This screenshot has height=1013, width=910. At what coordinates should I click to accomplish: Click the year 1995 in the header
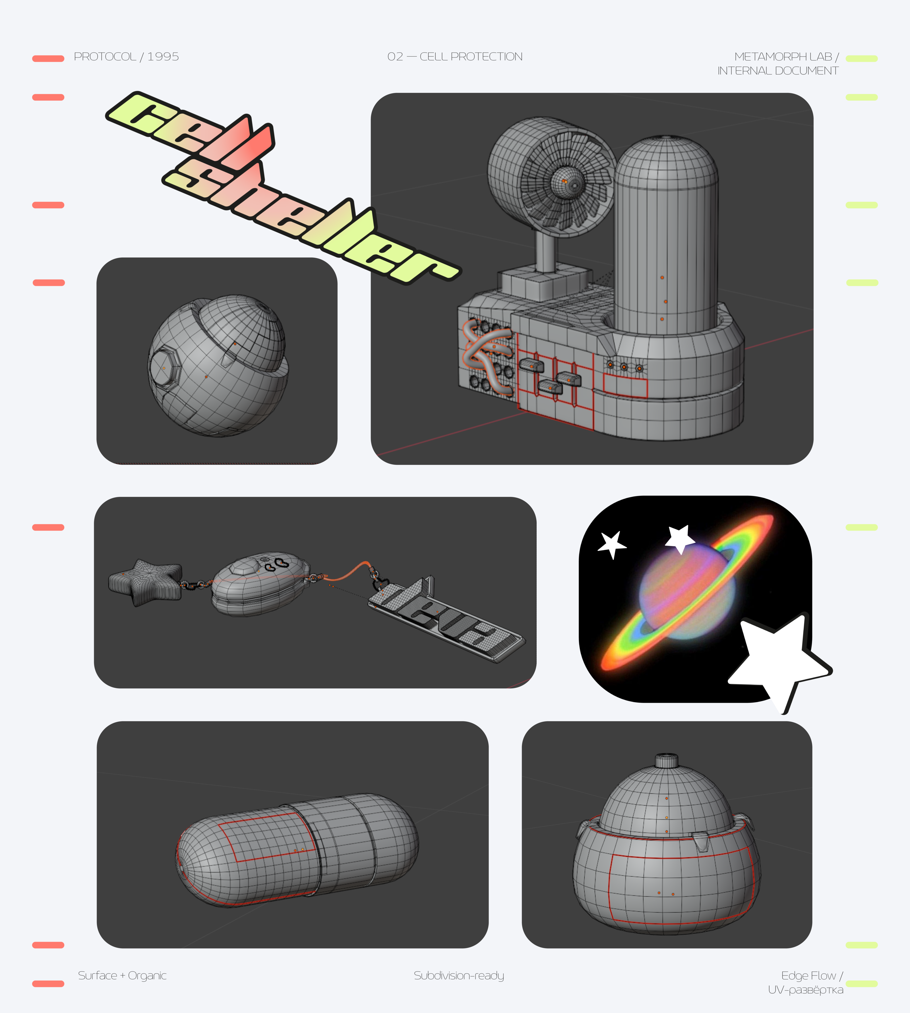[163, 57]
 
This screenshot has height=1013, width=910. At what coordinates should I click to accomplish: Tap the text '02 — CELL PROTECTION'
[455, 57]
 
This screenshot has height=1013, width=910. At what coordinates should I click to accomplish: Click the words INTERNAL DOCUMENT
[778, 71]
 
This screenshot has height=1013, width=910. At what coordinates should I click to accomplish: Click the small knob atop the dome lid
[667, 761]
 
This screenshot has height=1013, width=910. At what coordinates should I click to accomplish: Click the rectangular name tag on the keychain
[446, 620]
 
